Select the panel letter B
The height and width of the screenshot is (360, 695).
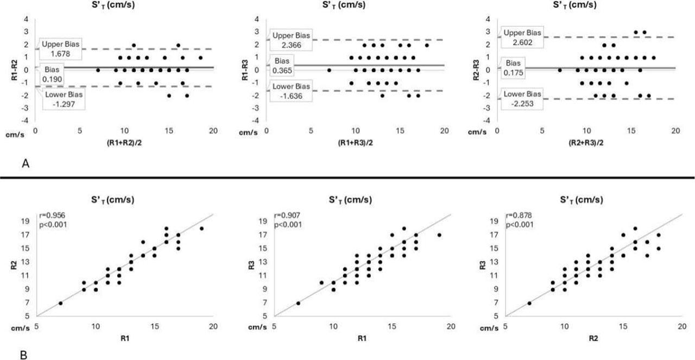(x=8, y=355)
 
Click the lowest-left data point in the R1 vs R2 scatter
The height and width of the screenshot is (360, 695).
(x=60, y=303)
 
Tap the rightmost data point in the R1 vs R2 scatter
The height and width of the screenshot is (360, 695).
(x=201, y=229)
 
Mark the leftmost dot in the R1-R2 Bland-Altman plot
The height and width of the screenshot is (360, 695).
(x=98, y=70)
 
